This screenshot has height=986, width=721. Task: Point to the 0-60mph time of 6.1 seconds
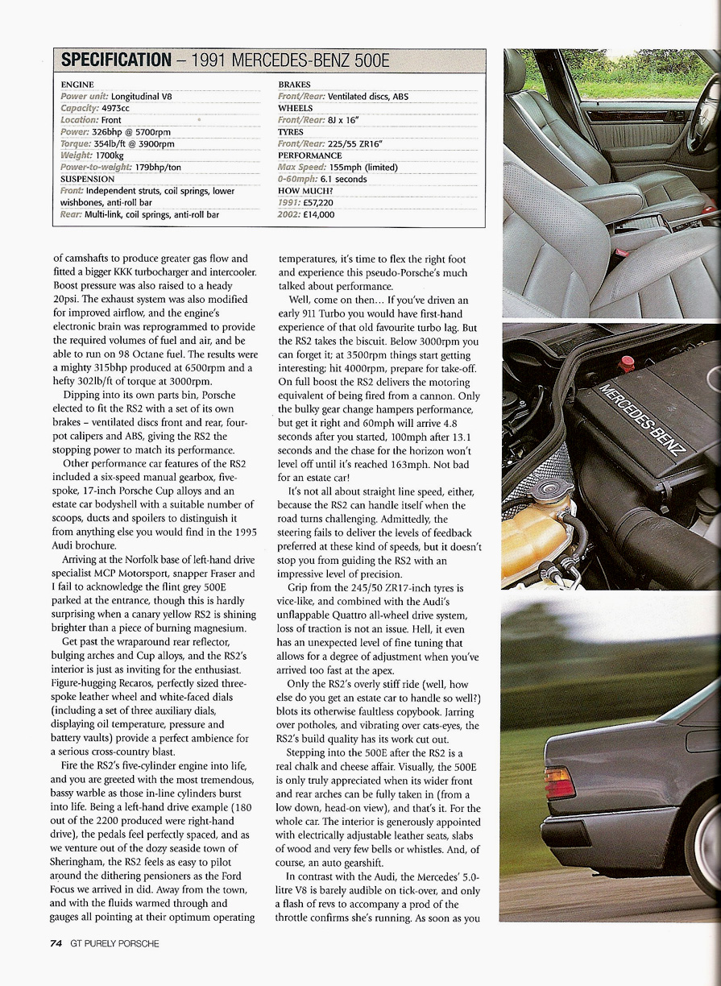click(x=338, y=179)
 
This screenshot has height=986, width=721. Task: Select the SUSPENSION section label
click(x=88, y=179)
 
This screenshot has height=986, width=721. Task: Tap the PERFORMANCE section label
click(x=310, y=155)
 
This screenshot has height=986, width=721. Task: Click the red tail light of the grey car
click(x=561, y=782)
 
